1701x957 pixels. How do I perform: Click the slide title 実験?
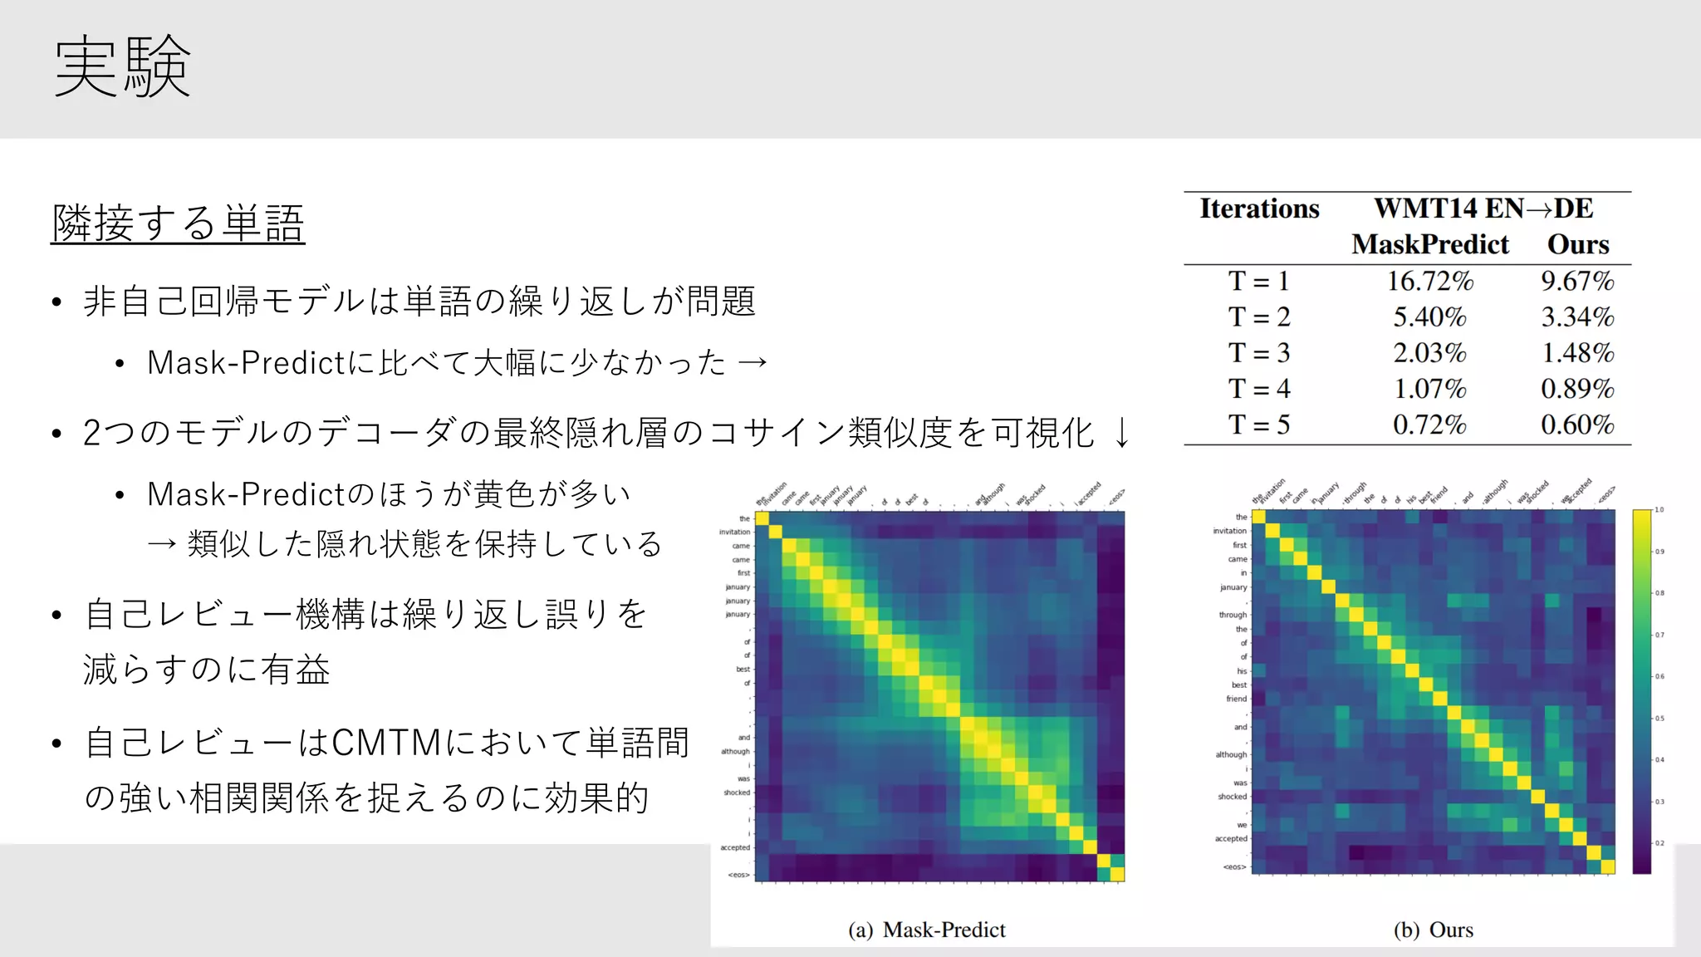[122, 66]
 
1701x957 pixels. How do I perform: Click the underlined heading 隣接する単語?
[178, 223]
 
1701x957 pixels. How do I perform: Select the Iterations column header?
[1258, 209]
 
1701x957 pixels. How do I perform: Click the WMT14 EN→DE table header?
[1483, 209]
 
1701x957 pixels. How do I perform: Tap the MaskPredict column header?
[1429, 244]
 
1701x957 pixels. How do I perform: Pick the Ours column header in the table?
[1577, 244]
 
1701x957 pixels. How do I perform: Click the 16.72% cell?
[1429, 281]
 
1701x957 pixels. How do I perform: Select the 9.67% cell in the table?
[1577, 281]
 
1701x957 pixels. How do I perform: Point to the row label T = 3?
[1258, 353]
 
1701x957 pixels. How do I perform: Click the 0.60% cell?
[1577, 425]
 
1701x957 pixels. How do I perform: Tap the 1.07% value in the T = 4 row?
[1429, 389]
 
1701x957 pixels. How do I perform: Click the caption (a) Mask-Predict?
[926, 930]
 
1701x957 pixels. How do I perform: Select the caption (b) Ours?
[1433, 930]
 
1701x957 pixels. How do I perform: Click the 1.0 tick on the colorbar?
[1659, 509]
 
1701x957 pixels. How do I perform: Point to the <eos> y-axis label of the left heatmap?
[738, 875]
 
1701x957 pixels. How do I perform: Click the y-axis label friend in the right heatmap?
[1236, 699]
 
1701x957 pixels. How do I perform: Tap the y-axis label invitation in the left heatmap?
[734, 532]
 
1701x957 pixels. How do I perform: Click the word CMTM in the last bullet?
[386, 743]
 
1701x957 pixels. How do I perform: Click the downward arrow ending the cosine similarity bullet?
[1121, 433]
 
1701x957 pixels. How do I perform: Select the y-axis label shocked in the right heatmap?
[1232, 797]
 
